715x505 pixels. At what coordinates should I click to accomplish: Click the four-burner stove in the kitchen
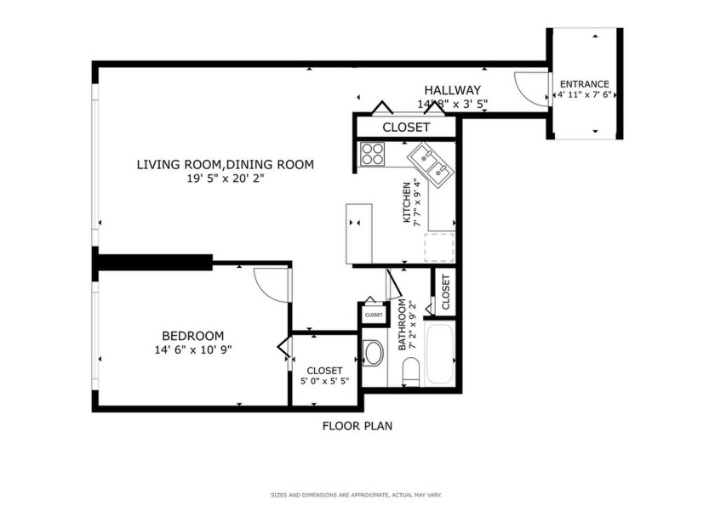click(373, 153)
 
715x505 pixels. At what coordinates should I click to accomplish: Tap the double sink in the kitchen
click(429, 164)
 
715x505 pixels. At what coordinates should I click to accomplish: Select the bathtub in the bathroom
click(441, 354)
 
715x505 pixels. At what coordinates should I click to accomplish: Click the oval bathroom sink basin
click(373, 353)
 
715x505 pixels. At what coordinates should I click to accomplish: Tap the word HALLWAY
click(453, 90)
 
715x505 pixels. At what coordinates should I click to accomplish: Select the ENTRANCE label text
click(584, 84)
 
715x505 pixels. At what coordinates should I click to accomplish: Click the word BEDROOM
click(192, 336)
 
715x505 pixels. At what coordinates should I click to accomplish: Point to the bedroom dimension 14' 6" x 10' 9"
click(192, 349)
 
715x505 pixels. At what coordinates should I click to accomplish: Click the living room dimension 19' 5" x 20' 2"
click(226, 179)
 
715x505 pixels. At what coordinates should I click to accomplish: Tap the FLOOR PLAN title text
click(357, 426)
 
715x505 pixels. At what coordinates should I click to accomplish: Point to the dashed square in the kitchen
click(439, 247)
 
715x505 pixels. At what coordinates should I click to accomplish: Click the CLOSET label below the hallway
click(406, 128)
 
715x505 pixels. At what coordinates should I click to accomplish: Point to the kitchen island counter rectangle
click(359, 234)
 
